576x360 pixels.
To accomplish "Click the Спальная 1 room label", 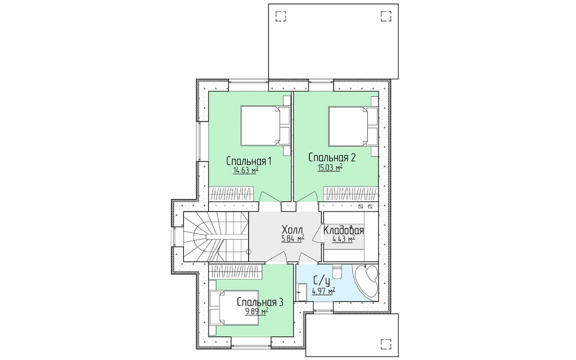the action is point(249,161).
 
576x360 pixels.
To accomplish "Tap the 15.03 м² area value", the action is point(330,168).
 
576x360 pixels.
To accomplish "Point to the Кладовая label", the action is point(344,231).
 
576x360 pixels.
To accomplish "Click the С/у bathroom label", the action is point(322,282).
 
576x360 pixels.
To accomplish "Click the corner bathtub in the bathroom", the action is point(366,281).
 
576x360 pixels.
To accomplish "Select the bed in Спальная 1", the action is point(265,126).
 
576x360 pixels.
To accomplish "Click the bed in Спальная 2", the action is point(353,126).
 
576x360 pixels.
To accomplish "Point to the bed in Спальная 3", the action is point(233,307).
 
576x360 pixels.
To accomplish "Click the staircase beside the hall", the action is point(216,237).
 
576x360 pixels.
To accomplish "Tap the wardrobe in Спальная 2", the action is point(351,194).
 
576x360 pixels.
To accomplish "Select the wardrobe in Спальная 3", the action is point(236,272).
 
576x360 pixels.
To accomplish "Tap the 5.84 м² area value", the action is point(292,238).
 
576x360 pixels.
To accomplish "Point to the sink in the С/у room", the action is point(302,292).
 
